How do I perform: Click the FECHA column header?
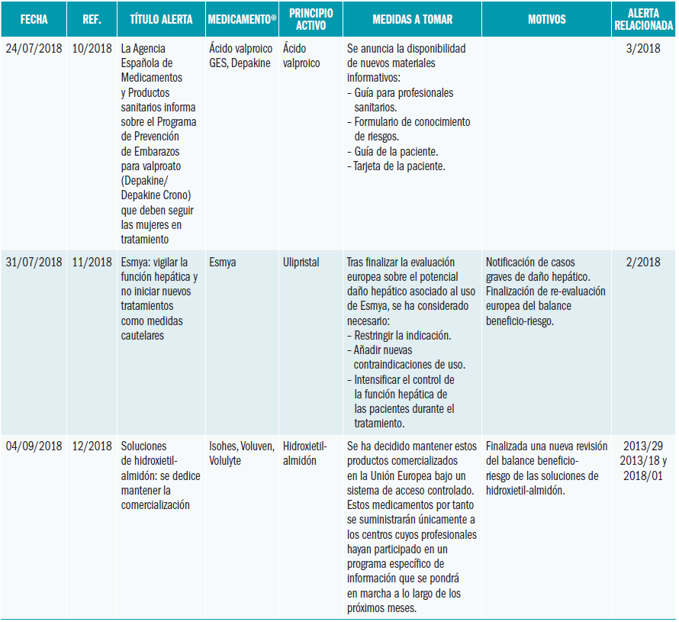(34, 19)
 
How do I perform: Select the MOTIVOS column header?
(547, 19)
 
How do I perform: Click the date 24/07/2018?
(34, 49)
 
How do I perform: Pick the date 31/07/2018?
(34, 263)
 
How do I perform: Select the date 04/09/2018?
(34, 446)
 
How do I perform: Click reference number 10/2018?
(92, 49)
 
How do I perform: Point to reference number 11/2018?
(92, 263)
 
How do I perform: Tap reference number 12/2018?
(92, 446)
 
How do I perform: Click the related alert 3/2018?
(643, 49)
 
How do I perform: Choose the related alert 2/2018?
(643, 263)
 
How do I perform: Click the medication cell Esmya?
(223, 263)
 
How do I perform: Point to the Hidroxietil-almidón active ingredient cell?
(304, 453)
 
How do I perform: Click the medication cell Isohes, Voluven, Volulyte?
(241, 453)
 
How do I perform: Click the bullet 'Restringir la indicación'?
(403, 336)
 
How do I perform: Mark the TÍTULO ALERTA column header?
(161, 19)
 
